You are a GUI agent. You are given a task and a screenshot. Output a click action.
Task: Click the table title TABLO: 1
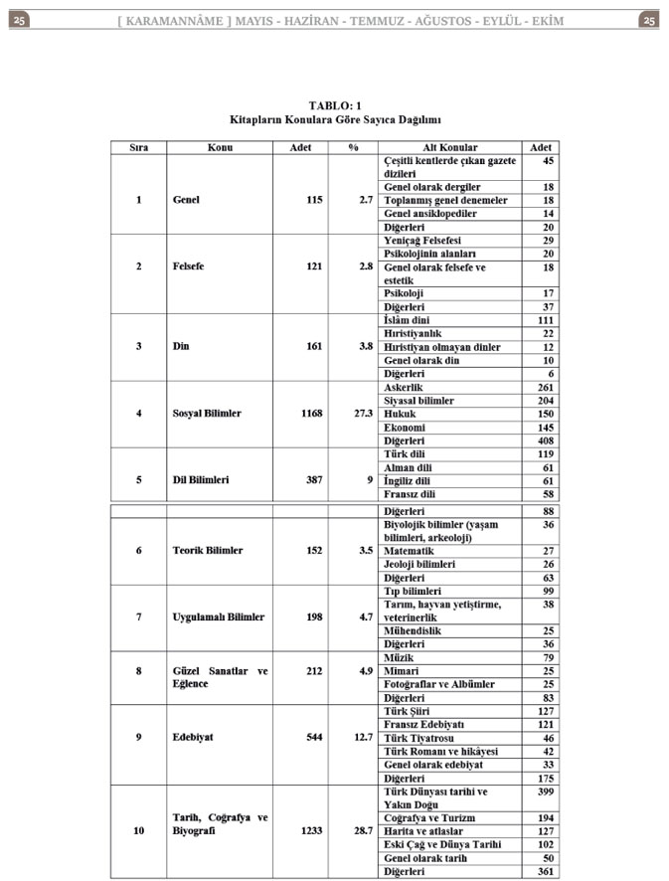click(x=335, y=104)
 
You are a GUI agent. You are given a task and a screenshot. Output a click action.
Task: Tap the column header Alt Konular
click(x=449, y=147)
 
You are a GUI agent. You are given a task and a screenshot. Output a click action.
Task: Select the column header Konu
click(x=220, y=147)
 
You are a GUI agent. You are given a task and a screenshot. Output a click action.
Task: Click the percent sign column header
click(x=353, y=147)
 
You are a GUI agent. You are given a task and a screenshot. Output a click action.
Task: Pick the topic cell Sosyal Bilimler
click(x=207, y=414)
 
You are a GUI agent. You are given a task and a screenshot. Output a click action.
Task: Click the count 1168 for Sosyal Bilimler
click(x=311, y=414)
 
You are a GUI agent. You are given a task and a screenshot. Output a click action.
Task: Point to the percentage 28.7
click(x=363, y=830)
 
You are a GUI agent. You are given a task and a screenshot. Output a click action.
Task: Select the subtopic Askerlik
click(x=405, y=387)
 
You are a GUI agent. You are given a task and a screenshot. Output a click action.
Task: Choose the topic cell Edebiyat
click(x=195, y=737)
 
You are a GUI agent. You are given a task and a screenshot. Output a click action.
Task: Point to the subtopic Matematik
click(x=409, y=551)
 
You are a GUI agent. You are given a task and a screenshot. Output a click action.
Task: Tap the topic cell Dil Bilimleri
click(x=201, y=480)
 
